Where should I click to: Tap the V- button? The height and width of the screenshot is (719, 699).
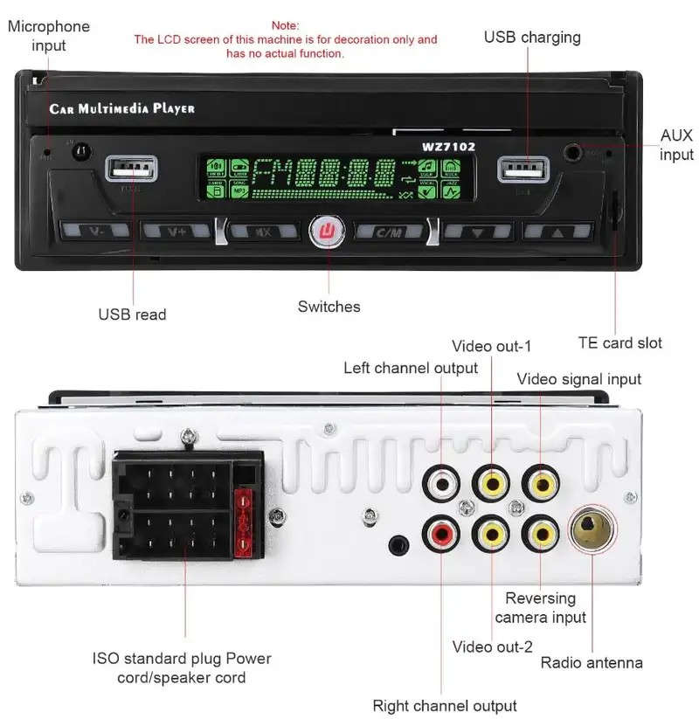tap(95, 232)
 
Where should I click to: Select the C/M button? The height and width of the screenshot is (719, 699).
tap(389, 232)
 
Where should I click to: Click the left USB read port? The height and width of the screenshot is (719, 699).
tap(133, 168)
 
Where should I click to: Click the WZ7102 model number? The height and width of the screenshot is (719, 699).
tap(448, 147)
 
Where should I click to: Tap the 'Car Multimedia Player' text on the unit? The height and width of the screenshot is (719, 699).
tap(121, 109)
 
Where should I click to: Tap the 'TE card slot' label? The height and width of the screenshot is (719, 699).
tap(619, 342)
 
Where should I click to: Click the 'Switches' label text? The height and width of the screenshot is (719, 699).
tap(329, 306)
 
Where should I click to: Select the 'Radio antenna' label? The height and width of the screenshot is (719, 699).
tap(592, 662)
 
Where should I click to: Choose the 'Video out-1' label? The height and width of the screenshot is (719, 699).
tap(492, 346)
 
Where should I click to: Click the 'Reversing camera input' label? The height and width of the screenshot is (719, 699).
tap(540, 608)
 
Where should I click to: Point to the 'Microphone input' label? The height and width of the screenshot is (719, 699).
tap(49, 35)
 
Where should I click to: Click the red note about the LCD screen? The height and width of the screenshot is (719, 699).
tap(285, 39)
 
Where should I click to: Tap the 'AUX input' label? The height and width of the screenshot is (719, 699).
tap(675, 145)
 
